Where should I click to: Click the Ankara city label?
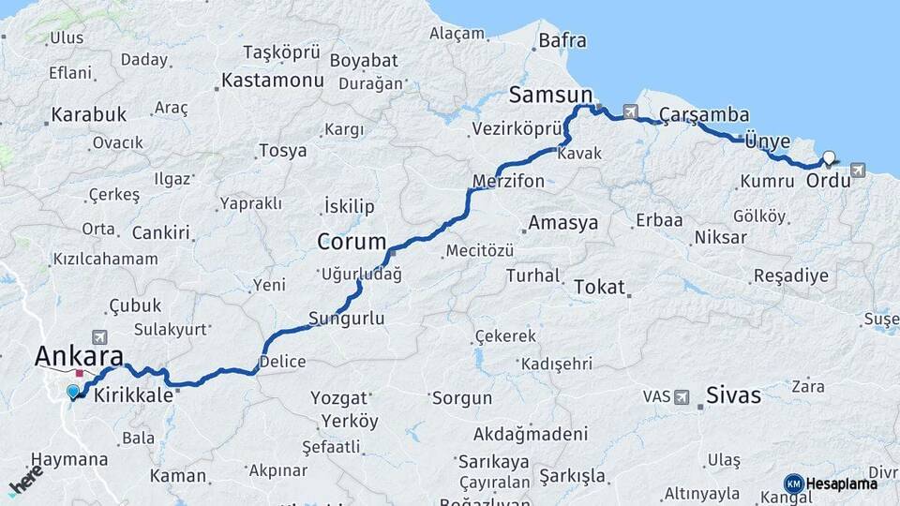coord(79,356)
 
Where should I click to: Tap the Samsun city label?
coord(551,95)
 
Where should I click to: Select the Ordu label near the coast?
coord(828,179)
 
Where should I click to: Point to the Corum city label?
coord(352,242)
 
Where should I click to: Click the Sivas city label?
coord(734,394)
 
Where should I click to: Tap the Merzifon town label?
coord(508,181)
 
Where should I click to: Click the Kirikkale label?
coord(134,395)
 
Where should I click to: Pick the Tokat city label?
coord(599,287)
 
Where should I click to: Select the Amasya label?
coord(562,223)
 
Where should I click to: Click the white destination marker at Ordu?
coord(829,158)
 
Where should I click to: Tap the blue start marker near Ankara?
coord(73,392)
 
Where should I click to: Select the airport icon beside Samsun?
coord(629,111)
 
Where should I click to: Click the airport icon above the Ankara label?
coord(99,335)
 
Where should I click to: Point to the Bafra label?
coord(562,40)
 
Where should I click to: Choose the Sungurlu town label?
coord(347,319)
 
